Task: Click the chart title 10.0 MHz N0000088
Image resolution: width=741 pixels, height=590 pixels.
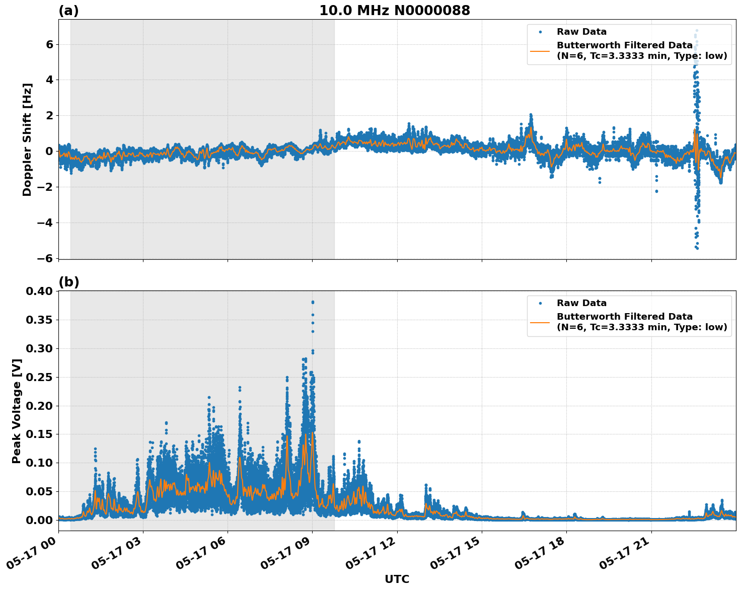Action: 394,11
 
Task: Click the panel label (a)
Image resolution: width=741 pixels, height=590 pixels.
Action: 68,11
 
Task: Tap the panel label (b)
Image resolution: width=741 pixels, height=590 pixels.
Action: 68,282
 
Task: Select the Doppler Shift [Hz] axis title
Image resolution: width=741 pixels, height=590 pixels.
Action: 27,139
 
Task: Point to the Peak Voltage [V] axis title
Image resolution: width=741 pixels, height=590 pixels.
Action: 17,411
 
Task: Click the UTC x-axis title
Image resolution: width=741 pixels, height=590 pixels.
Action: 397,579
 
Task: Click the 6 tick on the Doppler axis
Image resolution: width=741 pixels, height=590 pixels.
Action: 49,44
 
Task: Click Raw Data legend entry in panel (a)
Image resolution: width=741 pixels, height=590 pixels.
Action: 581,32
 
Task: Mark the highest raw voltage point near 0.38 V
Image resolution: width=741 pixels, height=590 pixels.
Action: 313,302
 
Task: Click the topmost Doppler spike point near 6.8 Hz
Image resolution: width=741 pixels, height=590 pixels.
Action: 697,31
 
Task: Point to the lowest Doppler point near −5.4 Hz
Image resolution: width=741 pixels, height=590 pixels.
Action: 697,248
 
